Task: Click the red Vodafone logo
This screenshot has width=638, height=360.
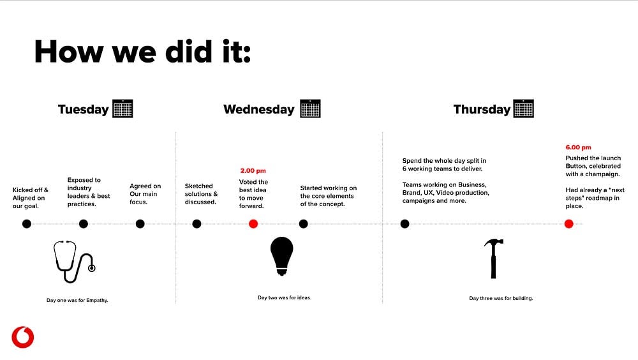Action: click(23, 337)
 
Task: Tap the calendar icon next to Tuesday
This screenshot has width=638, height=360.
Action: click(122, 109)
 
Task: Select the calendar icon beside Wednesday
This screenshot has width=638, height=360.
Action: click(311, 109)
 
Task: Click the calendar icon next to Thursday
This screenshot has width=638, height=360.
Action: click(524, 109)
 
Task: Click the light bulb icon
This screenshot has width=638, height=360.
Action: click(281, 256)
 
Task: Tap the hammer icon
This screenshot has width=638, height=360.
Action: click(494, 259)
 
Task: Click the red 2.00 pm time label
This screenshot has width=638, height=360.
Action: click(253, 170)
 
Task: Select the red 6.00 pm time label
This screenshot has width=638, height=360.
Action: click(578, 147)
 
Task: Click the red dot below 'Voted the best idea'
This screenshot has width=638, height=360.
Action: click(253, 223)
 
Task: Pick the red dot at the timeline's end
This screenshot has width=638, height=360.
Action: click(569, 223)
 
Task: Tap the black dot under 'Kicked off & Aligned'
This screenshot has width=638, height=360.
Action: click(27, 223)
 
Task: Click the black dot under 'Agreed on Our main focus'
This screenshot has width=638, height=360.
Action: click(140, 223)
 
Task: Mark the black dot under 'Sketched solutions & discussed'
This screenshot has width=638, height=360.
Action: click(197, 223)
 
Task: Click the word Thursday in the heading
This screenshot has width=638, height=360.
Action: click(482, 110)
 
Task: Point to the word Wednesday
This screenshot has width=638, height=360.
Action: click(259, 110)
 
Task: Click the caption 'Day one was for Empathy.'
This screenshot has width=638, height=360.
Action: click(77, 300)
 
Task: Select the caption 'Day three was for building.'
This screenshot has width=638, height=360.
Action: click(501, 298)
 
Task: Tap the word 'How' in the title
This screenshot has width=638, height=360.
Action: click(69, 52)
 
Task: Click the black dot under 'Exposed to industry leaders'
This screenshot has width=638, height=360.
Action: click(84, 223)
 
